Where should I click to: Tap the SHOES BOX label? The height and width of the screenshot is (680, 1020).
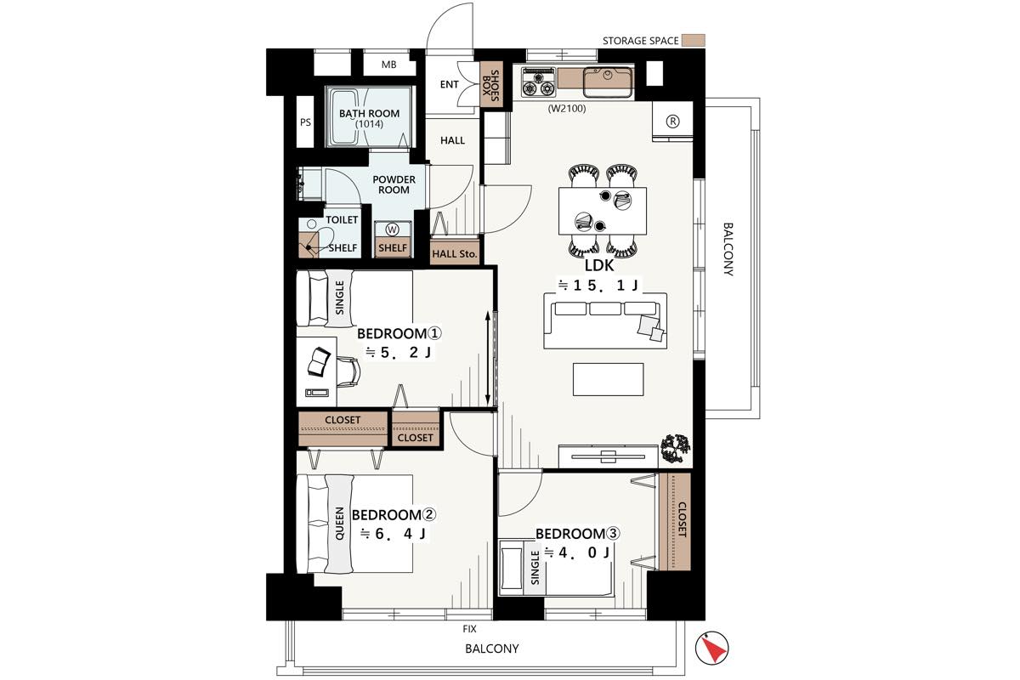click(492, 85)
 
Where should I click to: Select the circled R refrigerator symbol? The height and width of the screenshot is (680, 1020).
click(672, 122)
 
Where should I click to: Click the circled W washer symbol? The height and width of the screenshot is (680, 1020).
click(392, 229)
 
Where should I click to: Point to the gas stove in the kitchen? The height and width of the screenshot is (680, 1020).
click(539, 82)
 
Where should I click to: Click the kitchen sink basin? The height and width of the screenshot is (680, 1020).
click(608, 82)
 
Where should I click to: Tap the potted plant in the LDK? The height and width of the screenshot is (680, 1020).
click(676, 449)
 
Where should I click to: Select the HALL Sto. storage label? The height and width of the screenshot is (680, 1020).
click(455, 254)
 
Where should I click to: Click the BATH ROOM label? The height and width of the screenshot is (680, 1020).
click(369, 113)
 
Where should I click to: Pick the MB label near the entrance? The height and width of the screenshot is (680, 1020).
click(389, 65)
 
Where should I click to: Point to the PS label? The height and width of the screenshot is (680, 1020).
click(305, 122)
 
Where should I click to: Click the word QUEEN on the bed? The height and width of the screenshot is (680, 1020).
click(340, 524)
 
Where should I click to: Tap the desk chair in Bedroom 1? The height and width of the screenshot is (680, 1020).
click(348, 371)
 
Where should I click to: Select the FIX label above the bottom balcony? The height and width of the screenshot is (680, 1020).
click(469, 629)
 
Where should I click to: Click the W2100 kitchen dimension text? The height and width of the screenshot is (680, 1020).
click(567, 109)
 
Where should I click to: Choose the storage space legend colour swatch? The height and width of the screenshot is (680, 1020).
click(695, 40)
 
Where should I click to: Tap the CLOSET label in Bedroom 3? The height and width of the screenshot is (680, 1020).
click(682, 519)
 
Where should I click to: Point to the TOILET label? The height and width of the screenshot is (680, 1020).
click(342, 220)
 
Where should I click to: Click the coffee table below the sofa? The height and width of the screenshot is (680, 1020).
click(609, 379)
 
